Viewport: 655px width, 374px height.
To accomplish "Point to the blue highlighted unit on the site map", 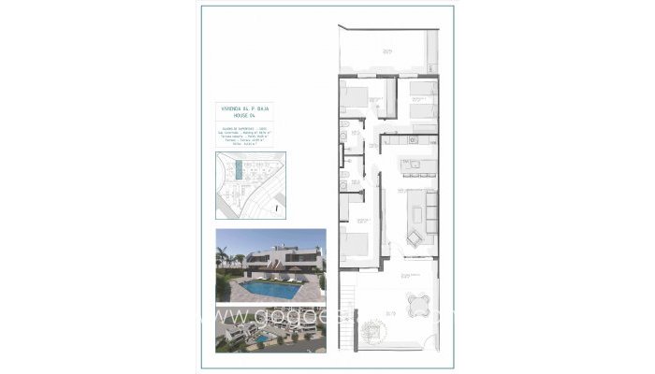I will tap(239, 172).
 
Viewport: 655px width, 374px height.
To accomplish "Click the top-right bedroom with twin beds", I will tap(422, 98).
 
